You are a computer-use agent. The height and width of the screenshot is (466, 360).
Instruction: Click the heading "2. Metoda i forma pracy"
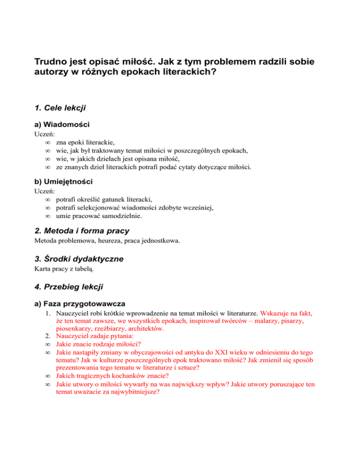[82, 231]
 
